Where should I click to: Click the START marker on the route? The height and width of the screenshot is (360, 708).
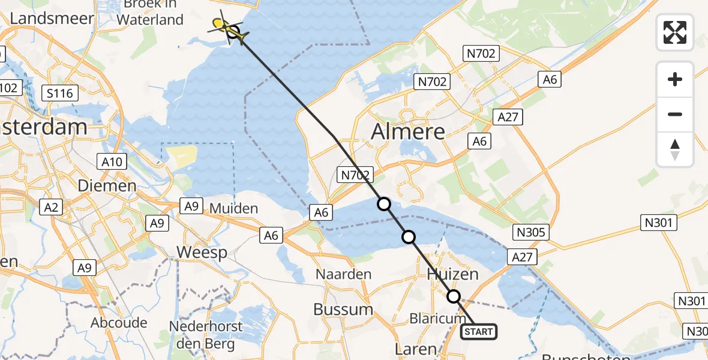pyautogui.click(x=479, y=332)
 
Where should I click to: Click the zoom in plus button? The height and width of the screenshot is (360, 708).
pyautogui.click(x=675, y=79)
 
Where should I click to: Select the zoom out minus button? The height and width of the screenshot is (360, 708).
pyautogui.click(x=675, y=114)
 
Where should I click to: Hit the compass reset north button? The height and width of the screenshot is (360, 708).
pyautogui.click(x=675, y=149)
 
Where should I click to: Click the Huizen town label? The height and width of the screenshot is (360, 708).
pyautogui.click(x=453, y=274)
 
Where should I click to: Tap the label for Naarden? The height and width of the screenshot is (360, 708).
pyautogui.click(x=344, y=274)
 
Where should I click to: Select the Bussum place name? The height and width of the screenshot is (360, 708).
pyautogui.click(x=343, y=310)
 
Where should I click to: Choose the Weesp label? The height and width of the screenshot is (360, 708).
pyautogui.click(x=202, y=253)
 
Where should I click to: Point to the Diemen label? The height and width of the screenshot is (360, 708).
pyautogui.click(x=107, y=186)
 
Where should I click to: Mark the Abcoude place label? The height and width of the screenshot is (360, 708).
pyautogui.click(x=119, y=323)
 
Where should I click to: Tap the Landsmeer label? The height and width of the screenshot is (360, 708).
pyautogui.click(x=52, y=18)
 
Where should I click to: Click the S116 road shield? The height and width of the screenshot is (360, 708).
pyautogui.click(x=60, y=93)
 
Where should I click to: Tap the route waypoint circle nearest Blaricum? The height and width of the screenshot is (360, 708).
pyautogui.click(x=454, y=296)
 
